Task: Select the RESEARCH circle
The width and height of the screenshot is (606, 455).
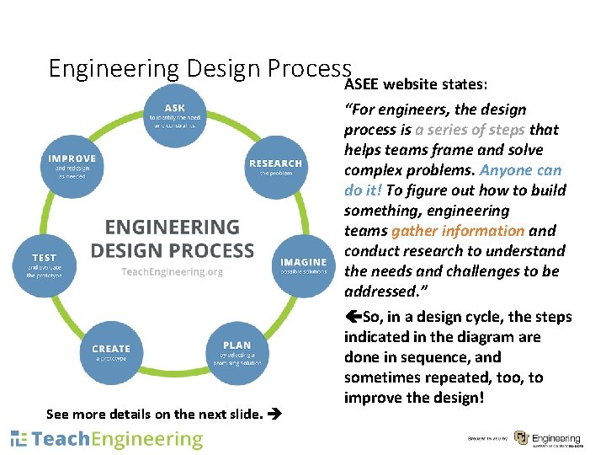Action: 274,167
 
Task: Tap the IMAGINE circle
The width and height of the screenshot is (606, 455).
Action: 302,266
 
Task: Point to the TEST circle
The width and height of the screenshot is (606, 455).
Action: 45,265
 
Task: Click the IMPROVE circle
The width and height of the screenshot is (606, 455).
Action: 72,166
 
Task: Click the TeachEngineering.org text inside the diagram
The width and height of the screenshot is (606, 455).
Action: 172,272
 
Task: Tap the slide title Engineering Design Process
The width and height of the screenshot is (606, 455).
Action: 199,67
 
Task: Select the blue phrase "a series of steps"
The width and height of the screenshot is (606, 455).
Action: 470,130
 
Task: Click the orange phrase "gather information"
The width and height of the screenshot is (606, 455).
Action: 458,231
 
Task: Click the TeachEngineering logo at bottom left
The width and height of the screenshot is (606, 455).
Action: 107,439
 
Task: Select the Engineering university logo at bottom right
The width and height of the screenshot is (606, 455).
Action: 546,439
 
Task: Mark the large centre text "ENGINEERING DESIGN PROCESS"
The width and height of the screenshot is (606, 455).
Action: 172,238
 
